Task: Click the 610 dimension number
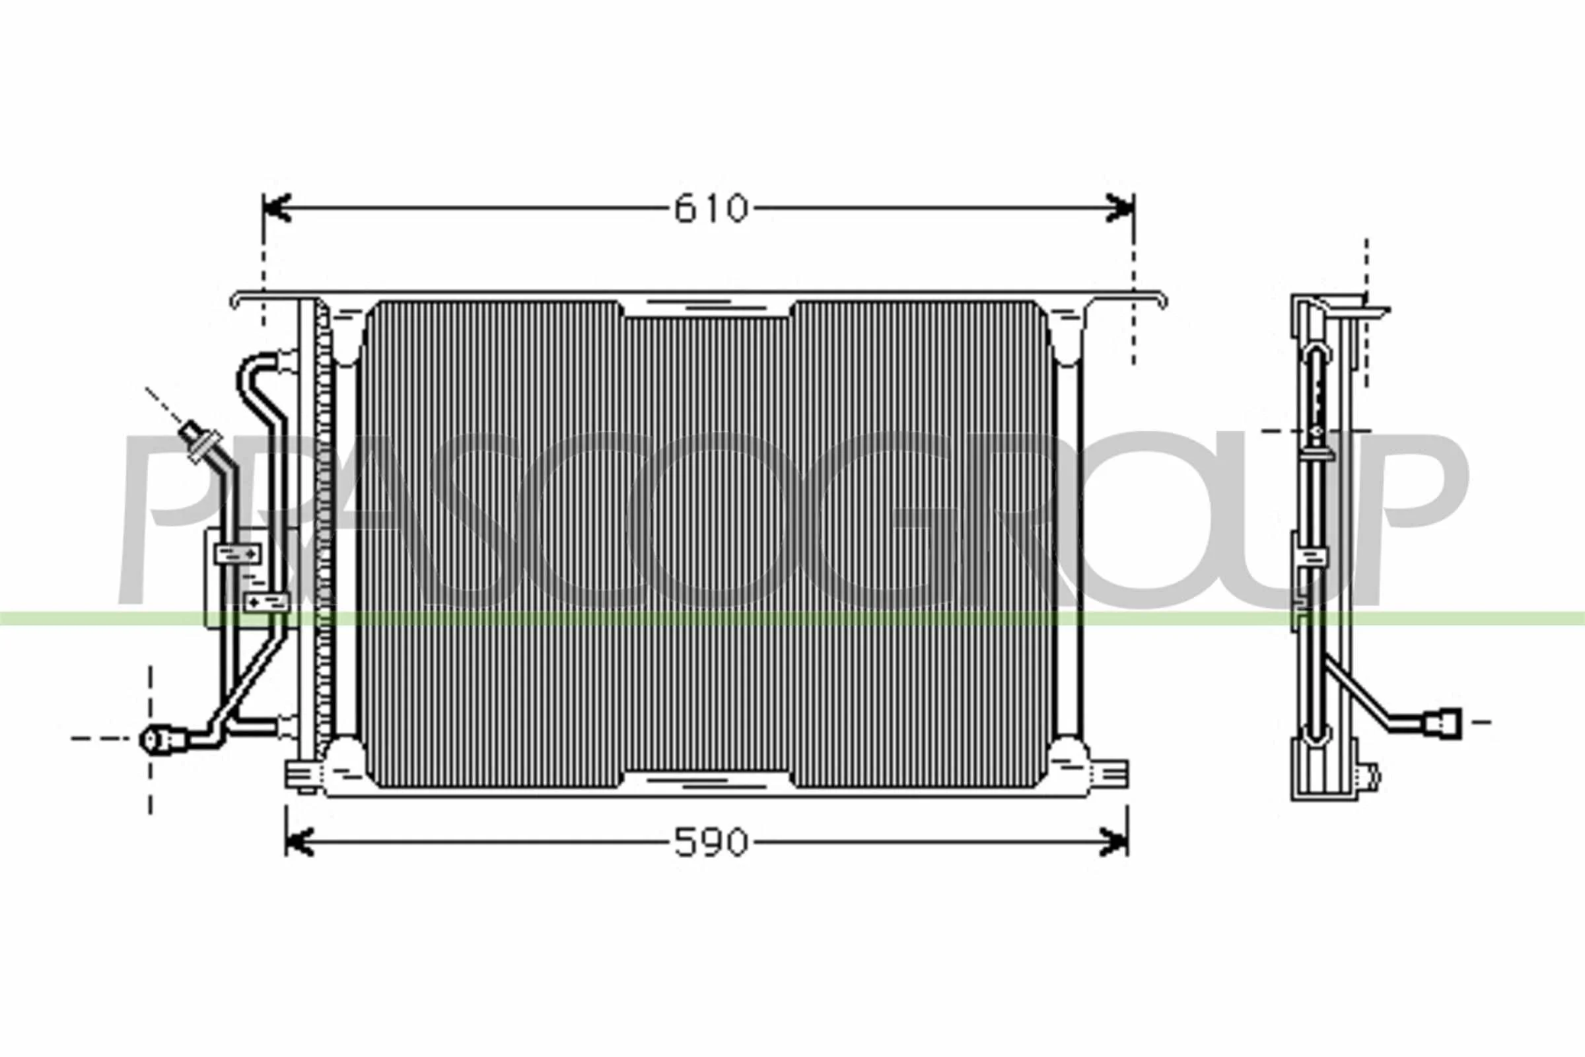711,208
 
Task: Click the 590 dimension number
711,842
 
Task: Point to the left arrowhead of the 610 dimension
276,208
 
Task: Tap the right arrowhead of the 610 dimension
1120,208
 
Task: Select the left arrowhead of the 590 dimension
299,842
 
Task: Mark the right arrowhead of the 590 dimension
1113,842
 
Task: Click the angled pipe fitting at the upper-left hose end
199,441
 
